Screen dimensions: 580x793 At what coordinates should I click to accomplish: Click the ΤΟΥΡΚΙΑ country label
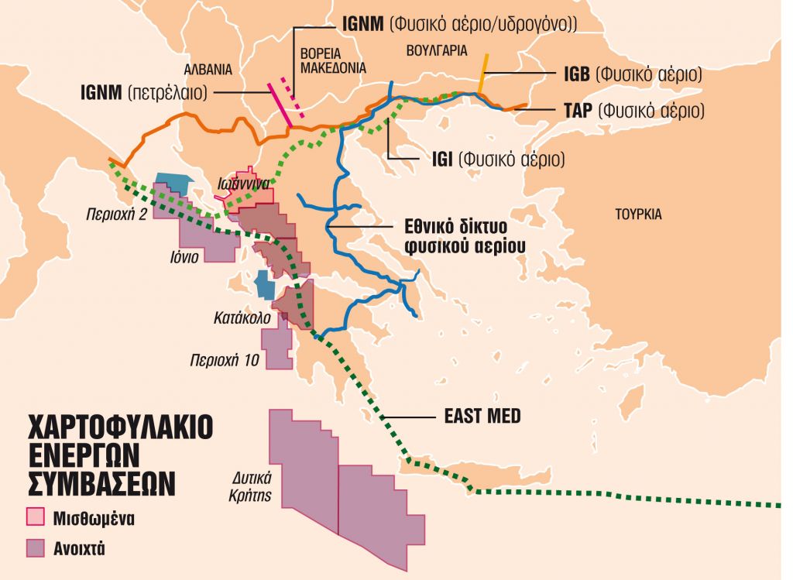pyautogui.click(x=638, y=214)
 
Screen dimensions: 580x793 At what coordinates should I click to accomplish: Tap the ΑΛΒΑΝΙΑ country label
pyautogui.click(x=207, y=68)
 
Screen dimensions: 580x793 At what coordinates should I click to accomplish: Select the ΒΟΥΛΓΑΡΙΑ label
pyautogui.click(x=437, y=50)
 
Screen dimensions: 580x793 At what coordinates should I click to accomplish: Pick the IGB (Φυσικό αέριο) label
pyautogui.click(x=633, y=75)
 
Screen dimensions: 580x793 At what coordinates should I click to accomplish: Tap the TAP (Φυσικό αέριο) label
pyautogui.click(x=634, y=111)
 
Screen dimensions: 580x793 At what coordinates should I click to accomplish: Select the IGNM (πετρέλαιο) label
pyautogui.click(x=144, y=92)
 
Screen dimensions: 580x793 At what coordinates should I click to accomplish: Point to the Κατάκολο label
pyautogui.click(x=242, y=317)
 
